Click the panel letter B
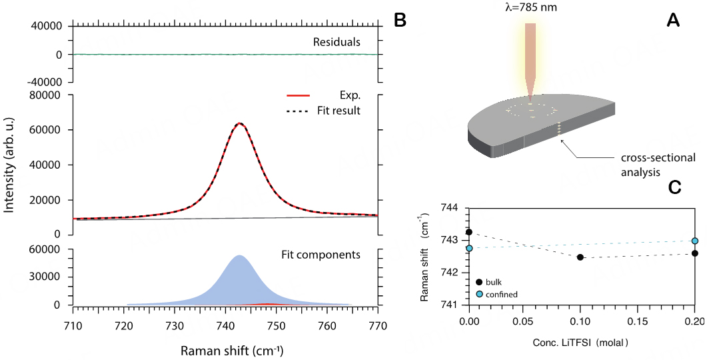pyautogui.click(x=400, y=20)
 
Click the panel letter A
pyautogui.click(x=673, y=21)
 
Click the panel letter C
pyautogui.click(x=674, y=187)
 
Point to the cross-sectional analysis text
pyautogui.click(x=658, y=165)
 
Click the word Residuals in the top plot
pyautogui.click(x=337, y=42)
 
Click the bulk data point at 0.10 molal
pyautogui.click(x=580, y=257)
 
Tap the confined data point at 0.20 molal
pyautogui.click(x=695, y=241)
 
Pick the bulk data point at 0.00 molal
pyautogui.click(x=469, y=232)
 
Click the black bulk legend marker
pyautogui.click(x=479, y=282)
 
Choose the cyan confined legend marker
pyautogui.click(x=479, y=294)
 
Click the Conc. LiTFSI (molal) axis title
pyautogui.click(x=581, y=342)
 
